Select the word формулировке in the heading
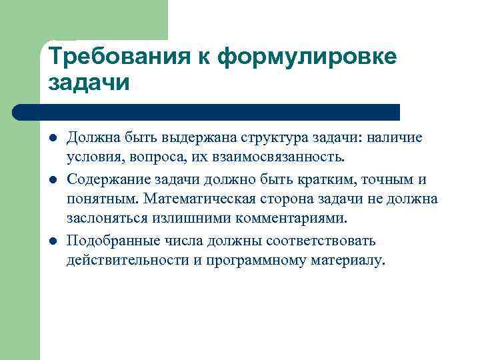click(307, 57)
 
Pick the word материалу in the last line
click(347, 260)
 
